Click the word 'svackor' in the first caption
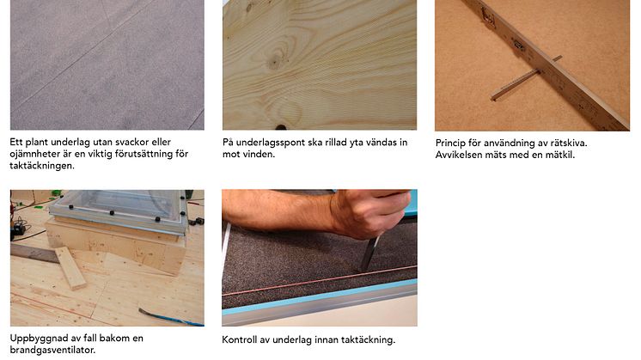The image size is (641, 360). pyautogui.click(x=132, y=143)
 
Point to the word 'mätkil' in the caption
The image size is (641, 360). pyautogui.click(x=560, y=155)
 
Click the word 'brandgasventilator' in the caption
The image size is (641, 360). pyautogui.click(x=52, y=351)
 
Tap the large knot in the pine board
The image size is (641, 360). pyautogui.click(x=277, y=58)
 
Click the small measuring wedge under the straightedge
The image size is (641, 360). pyautogui.click(x=526, y=78)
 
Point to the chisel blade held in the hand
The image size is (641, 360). pyautogui.click(x=370, y=253)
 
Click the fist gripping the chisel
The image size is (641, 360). pyautogui.click(x=370, y=213)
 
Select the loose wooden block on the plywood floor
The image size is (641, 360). pyautogui.click(x=70, y=268)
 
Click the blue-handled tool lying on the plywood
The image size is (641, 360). pyautogui.click(x=171, y=318)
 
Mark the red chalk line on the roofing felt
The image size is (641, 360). pyautogui.click(x=320, y=280)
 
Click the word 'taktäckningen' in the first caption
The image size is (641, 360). pyautogui.click(x=42, y=166)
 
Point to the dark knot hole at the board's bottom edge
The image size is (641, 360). pyautogui.click(x=281, y=127)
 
